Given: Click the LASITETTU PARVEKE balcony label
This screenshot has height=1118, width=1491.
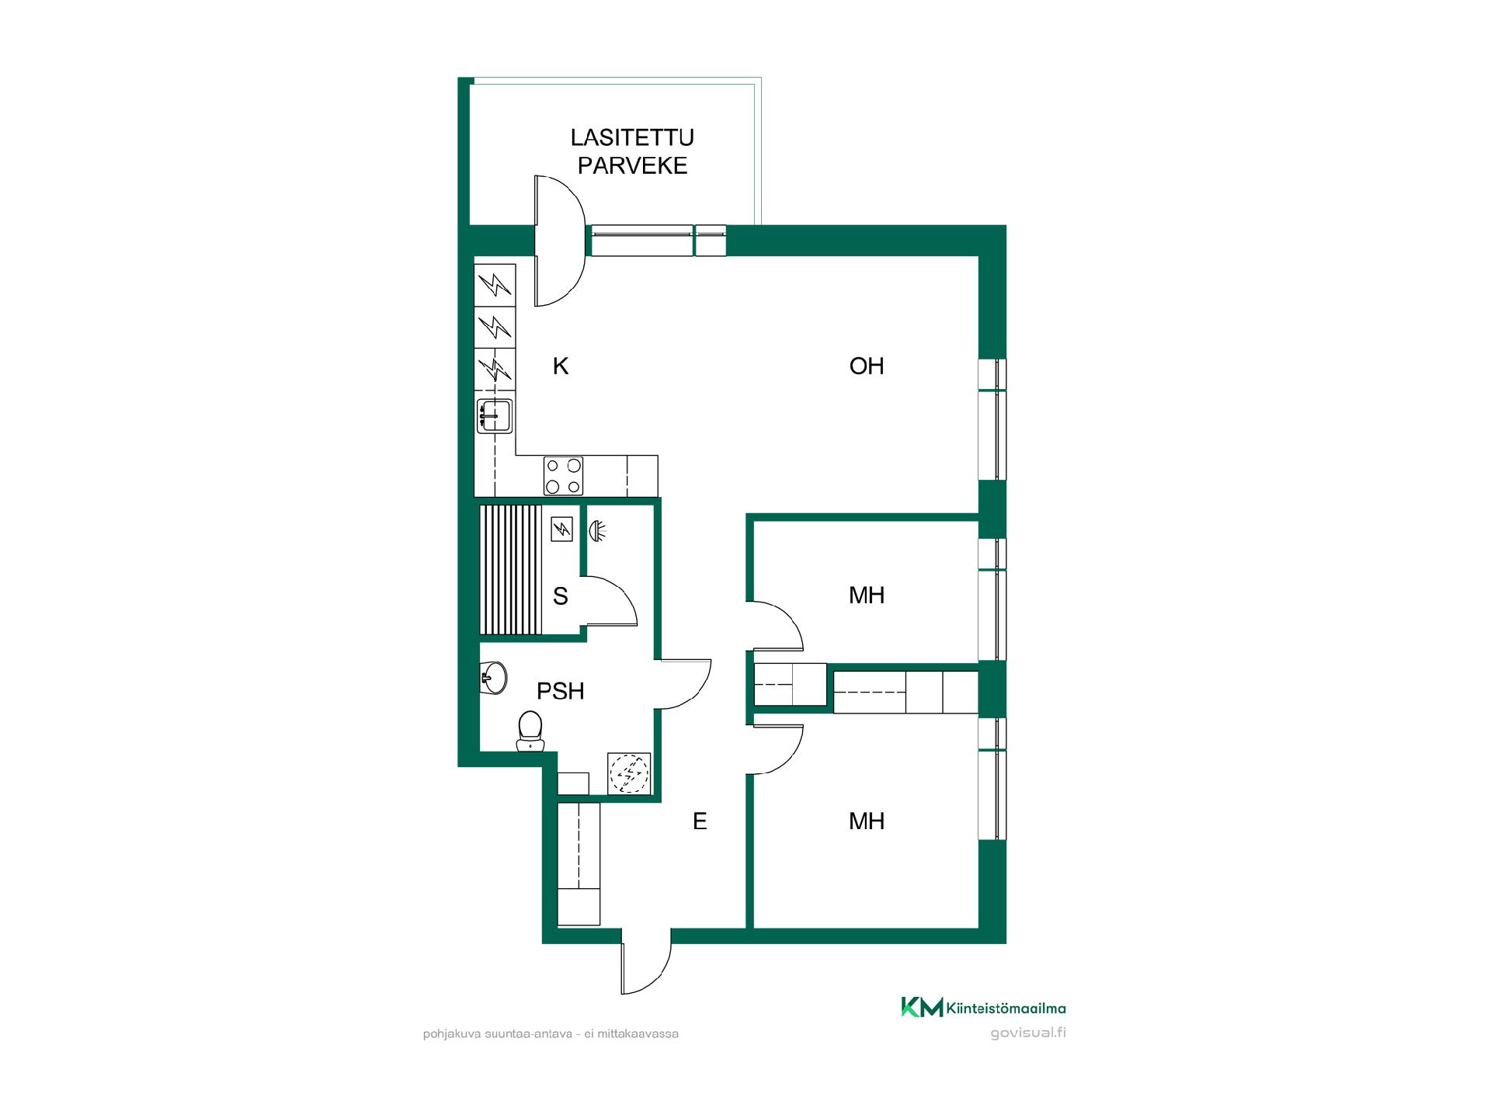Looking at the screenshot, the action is pyautogui.click(x=632, y=151).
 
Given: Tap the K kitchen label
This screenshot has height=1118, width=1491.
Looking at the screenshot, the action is pyautogui.click(x=561, y=366).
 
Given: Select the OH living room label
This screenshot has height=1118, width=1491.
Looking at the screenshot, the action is pyautogui.click(x=867, y=366).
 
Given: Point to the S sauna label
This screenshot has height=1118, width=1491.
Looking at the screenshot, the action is pyautogui.click(x=560, y=596).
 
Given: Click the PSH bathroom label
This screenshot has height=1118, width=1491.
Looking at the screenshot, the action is pyautogui.click(x=561, y=691).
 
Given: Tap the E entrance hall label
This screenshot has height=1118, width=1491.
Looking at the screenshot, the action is pyautogui.click(x=700, y=821).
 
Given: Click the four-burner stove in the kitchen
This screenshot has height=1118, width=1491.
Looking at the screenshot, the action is pyautogui.click(x=564, y=476).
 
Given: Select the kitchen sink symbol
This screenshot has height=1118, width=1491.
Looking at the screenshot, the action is pyautogui.click(x=495, y=415).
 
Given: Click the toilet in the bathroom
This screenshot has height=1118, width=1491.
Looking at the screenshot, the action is pyautogui.click(x=530, y=731).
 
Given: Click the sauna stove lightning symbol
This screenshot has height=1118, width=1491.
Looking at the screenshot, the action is pyautogui.click(x=561, y=529).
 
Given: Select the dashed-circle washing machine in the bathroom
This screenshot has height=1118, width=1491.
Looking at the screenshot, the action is pyautogui.click(x=628, y=773).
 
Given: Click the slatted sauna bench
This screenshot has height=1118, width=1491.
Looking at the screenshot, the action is pyautogui.click(x=510, y=570).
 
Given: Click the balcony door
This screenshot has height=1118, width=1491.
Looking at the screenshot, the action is pyautogui.click(x=559, y=241).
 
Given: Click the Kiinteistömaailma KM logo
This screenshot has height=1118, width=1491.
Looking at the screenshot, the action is pyautogui.click(x=983, y=1007).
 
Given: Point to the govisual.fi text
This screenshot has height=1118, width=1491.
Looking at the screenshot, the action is pyautogui.click(x=1028, y=1033).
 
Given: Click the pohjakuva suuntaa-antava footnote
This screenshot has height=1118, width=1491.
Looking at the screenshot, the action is pyautogui.click(x=551, y=1034).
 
